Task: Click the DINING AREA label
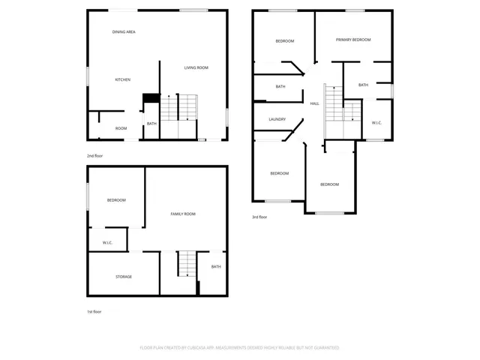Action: (x=124, y=32)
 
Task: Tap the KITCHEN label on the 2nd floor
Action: (x=123, y=79)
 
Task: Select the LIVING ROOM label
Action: (x=196, y=67)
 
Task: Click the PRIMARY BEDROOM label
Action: (x=353, y=40)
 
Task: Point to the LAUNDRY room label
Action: (x=277, y=119)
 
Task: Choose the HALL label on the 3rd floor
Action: (x=315, y=103)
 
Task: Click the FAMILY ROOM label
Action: (x=183, y=214)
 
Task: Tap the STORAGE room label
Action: (x=124, y=277)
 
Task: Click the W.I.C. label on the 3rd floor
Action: (x=377, y=122)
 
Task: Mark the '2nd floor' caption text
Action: (x=94, y=156)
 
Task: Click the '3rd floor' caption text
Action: (x=259, y=217)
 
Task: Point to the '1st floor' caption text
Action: (x=94, y=311)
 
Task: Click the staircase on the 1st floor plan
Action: (x=186, y=264)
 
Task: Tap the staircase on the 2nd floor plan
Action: (x=181, y=109)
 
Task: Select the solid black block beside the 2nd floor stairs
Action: (x=151, y=97)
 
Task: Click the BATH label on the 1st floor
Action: (x=216, y=267)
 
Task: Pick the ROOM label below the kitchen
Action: (x=121, y=128)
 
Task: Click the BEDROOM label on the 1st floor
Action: (x=116, y=200)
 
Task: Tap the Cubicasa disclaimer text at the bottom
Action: (x=240, y=348)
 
